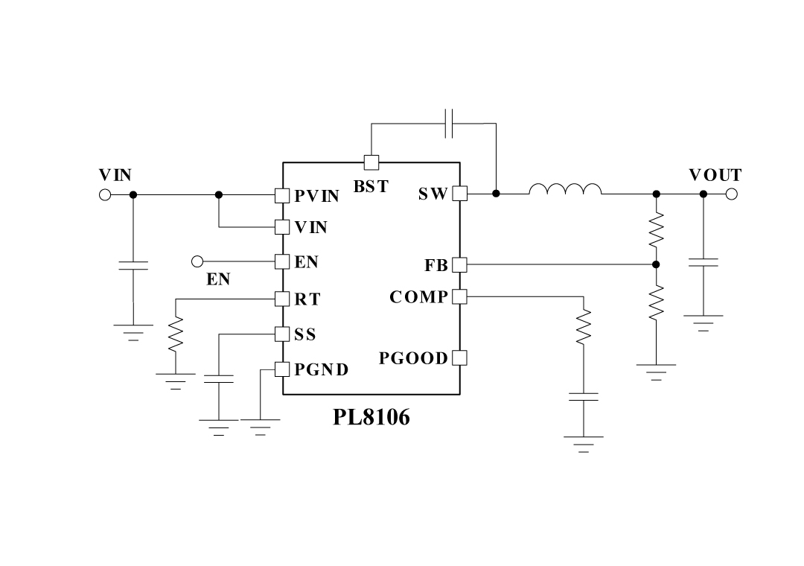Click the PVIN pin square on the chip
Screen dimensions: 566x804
(282, 195)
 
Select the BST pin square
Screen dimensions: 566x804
(371, 162)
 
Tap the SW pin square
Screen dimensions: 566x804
(459, 194)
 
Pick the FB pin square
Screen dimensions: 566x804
(459, 264)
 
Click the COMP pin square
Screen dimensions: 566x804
(459, 296)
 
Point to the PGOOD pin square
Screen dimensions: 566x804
(459, 357)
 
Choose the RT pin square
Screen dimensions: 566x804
(282, 299)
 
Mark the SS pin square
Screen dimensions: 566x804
(282, 334)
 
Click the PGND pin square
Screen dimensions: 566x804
(282, 369)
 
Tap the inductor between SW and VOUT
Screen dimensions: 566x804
(565, 191)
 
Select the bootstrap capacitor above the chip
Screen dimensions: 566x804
(449, 124)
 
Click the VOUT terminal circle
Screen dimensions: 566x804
(732, 194)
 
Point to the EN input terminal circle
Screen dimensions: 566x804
(197, 261)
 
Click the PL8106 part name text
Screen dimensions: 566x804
(371, 417)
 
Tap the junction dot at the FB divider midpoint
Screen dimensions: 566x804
(656, 264)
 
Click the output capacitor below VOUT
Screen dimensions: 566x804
(703, 262)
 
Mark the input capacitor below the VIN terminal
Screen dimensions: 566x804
(133, 266)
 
